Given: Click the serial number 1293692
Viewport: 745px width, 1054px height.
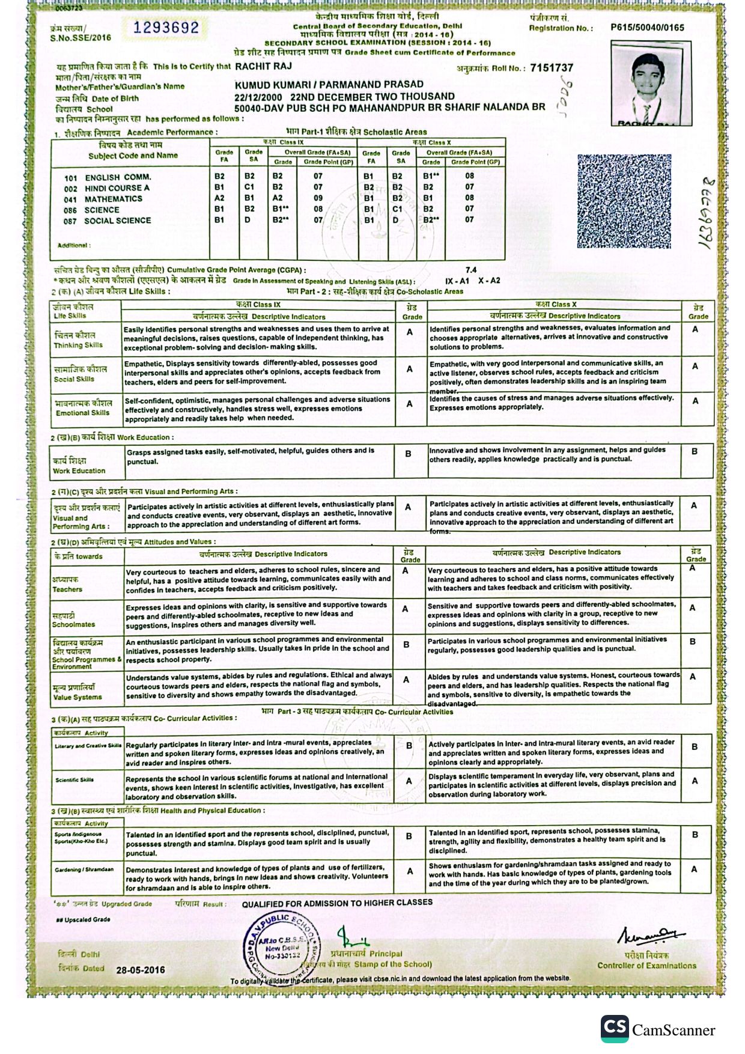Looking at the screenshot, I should pyautogui.click(x=166, y=28).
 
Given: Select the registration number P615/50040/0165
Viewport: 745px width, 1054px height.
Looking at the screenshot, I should pyautogui.click(x=647, y=27).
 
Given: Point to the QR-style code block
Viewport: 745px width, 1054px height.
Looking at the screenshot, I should pyautogui.click(x=624, y=201).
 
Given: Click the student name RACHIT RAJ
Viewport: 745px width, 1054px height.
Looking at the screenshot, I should pyautogui.click(x=263, y=66).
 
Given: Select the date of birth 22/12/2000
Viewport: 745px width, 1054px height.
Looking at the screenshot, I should pyautogui.click(x=258, y=96).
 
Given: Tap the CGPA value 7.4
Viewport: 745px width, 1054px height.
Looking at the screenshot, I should pyautogui.click(x=471, y=270).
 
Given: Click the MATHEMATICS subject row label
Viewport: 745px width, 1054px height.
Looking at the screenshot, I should pyautogui.click(x=113, y=199).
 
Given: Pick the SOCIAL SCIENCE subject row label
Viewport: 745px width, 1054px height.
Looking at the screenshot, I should pyautogui.click(x=117, y=221).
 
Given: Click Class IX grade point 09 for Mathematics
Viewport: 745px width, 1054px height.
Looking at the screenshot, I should pyautogui.click(x=318, y=198).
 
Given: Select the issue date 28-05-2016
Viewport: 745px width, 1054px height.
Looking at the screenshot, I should pyautogui.click(x=141, y=970).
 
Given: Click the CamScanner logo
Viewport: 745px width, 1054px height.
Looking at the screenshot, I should pyautogui.click(x=615, y=1029).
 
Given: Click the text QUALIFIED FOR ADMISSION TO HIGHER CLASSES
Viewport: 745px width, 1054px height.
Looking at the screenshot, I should pyautogui.click(x=337, y=903).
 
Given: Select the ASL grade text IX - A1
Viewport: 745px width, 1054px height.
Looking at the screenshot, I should pyautogui.click(x=457, y=281).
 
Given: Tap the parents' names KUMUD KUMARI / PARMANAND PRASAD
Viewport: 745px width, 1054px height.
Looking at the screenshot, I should pyautogui.click(x=329, y=85).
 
